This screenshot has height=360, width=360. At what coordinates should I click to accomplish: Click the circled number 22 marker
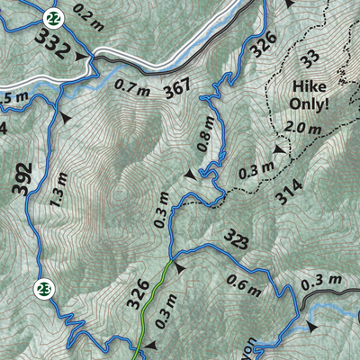pyautogui.click(x=54, y=17)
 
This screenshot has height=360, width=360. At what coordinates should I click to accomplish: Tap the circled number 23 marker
pyautogui.click(x=43, y=289)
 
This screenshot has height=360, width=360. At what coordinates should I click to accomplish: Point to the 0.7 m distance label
pyautogui.click(x=133, y=88)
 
